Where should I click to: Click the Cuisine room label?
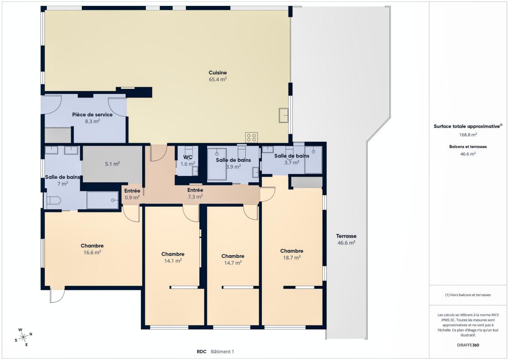(217, 73)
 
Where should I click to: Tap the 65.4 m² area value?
(217, 79)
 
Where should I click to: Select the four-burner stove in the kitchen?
(251, 137)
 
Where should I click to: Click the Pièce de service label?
(92, 115)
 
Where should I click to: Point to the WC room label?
(188, 157)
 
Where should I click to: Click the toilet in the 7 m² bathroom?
(54, 201)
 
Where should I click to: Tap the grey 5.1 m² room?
(112, 164)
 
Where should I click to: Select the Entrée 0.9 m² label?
(132, 191)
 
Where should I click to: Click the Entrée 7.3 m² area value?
(195, 197)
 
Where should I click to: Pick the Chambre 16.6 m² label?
(92, 246)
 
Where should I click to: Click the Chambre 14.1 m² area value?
(173, 261)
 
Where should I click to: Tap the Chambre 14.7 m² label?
(233, 256)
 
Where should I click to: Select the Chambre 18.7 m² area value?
(292, 257)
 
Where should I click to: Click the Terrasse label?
(346, 236)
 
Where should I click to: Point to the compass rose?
(23, 337)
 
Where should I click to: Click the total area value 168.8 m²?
(468, 135)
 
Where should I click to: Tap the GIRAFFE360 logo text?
(468, 345)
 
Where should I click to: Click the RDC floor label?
(201, 351)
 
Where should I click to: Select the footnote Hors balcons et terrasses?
(468, 295)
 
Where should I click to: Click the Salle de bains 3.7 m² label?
(292, 156)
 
